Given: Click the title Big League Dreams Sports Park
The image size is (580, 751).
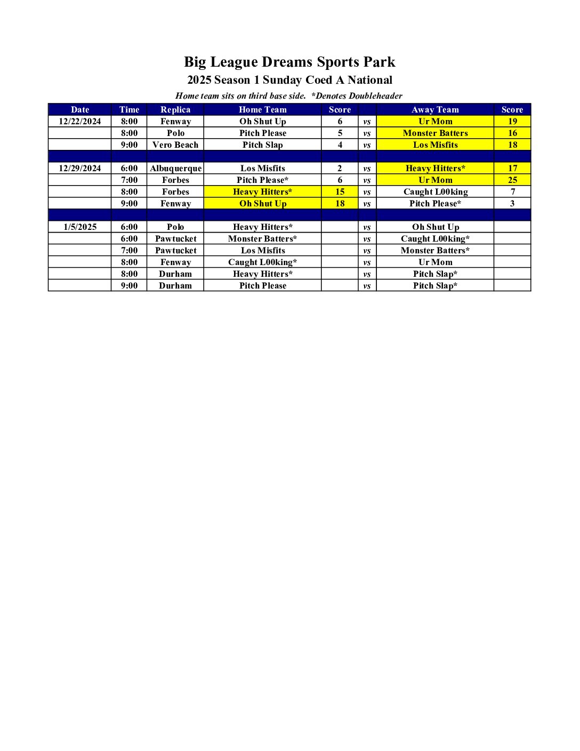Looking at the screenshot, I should pyautogui.click(x=289, y=62).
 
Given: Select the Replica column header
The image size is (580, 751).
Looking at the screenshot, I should pyautogui.click(x=175, y=109).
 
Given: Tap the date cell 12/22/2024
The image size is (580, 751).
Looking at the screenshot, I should pyautogui.click(x=80, y=121).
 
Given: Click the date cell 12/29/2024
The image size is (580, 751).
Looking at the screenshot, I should pyautogui.click(x=80, y=168).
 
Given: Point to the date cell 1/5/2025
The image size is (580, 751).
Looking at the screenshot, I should pyautogui.click(x=80, y=227).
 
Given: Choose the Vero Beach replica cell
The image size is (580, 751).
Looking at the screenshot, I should pyautogui.click(x=175, y=145).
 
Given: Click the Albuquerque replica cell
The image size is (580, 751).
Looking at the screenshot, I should pyautogui.click(x=175, y=168).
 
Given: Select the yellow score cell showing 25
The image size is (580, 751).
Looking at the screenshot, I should pyautogui.click(x=512, y=180).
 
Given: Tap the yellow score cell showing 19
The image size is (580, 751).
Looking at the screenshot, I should pyautogui.click(x=512, y=121).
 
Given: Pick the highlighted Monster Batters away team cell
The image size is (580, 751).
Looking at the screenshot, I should pyautogui.click(x=435, y=133).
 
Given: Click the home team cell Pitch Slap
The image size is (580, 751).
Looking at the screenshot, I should pyautogui.click(x=263, y=145).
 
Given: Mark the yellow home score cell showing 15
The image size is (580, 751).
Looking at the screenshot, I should pyautogui.click(x=340, y=191).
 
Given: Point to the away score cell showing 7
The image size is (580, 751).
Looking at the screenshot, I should pyautogui.click(x=512, y=191).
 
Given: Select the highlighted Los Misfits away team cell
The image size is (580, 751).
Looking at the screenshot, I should pyautogui.click(x=435, y=145).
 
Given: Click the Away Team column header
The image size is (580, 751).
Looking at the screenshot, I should pyautogui.click(x=435, y=109).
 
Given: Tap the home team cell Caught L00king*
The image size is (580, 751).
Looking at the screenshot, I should pyautogui.click(x=263, y=262).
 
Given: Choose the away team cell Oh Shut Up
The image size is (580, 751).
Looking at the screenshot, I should pyautogui.click(x=435, y=227).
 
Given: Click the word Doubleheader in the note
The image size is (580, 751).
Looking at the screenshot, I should pyautogui.click(x=375, y=96).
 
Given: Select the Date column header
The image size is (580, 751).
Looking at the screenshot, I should pyautogui.click(x=80, y=109).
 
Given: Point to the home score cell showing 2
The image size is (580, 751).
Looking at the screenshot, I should pyautogui.click(x=340, y=168).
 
